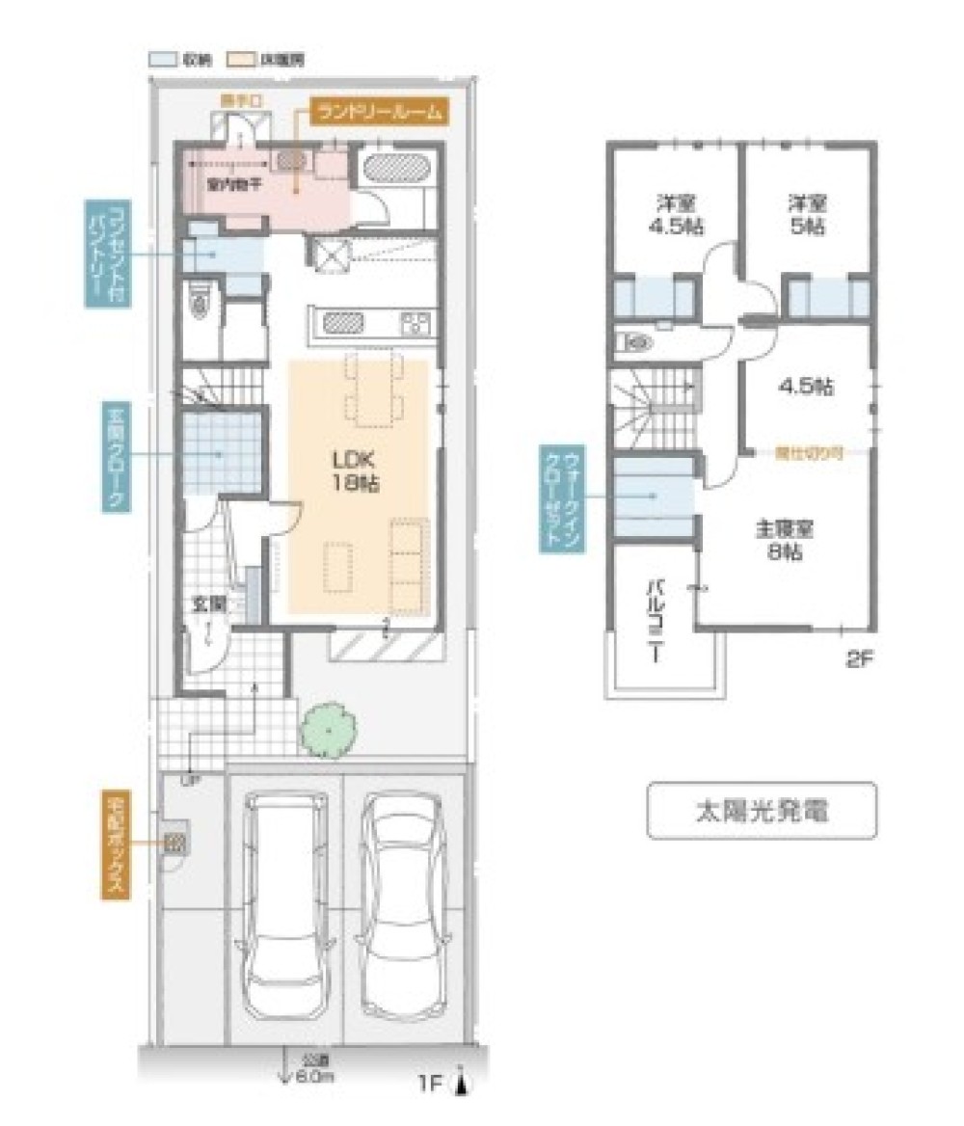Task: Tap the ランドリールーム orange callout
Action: pyautogui.click(x=379, y=111)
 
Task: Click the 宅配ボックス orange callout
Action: pyautogui.click(x=115, y=845)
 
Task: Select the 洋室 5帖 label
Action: pyautogui.click(x=807, y=216)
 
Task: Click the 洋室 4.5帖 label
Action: pyautogui.click(x=676, y=216)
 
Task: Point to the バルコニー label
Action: pyautogui.click(x=653, y=620)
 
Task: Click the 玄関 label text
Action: pyautogui.click(x=208, y=604)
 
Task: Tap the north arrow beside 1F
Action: pyautogui.click(x=464, y=1084)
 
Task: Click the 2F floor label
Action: pyautogui.click(x=857, y=660)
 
